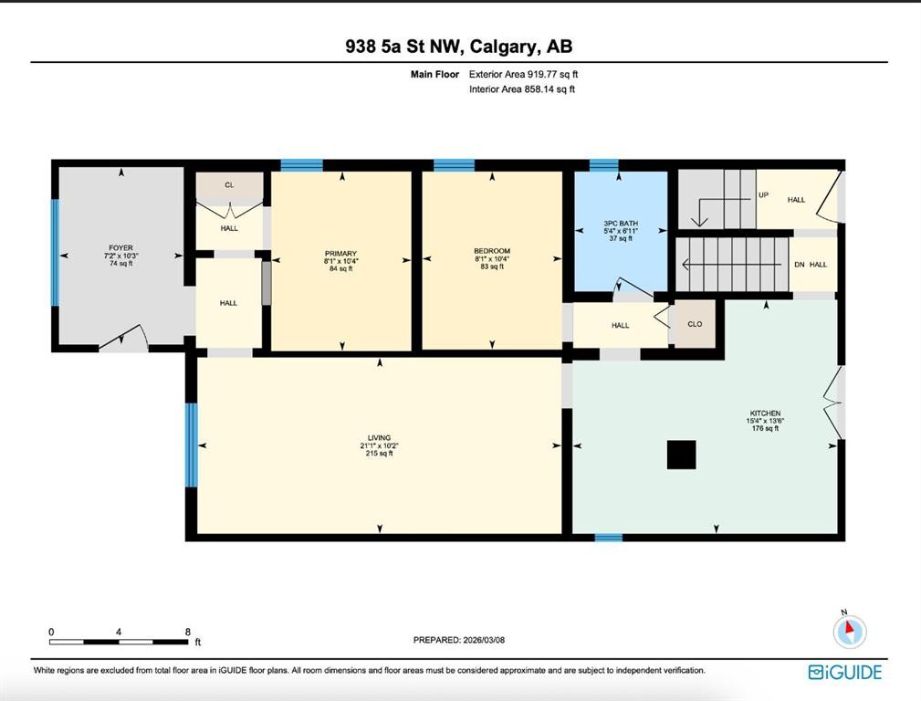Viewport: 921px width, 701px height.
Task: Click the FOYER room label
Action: [x=120, y=247]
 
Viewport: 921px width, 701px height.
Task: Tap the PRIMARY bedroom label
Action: [x=340, y=254]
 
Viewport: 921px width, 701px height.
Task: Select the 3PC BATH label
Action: [x=621, y=223]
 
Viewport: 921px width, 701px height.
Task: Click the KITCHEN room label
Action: [x=764, y=413]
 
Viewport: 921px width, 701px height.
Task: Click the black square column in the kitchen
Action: [x=681, y=455]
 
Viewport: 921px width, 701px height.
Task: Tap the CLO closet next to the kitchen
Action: [x=695, y=324]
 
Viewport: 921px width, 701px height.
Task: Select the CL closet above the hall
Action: [x=229, y=185]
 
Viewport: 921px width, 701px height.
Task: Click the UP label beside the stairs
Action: [x=763, y=195]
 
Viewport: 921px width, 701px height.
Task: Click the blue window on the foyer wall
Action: [x=55, y=252]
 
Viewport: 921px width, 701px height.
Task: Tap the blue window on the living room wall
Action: [x=191, y=445]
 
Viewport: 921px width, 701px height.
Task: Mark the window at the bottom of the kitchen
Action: [x=608, y=538]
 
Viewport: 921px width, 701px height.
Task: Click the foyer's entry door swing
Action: [x=124, y=341]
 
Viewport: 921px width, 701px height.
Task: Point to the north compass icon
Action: [x=850, y=630]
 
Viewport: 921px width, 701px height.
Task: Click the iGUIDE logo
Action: [x=845, y=673]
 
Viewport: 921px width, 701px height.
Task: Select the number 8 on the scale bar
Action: [x=187, y=632]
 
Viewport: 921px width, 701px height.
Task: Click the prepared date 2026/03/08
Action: [x=460, y=640]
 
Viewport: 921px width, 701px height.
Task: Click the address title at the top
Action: [x=459, y=47]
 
